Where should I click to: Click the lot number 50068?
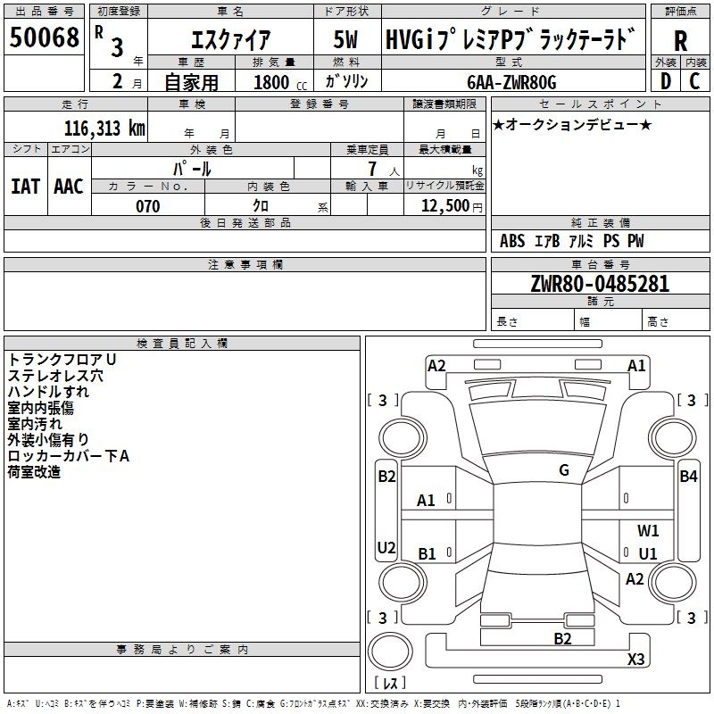[x=44, y=37]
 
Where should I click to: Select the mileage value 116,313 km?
[x=104, y=129]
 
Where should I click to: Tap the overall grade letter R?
[x=680, y=41]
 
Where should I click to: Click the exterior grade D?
[x=666, y=81]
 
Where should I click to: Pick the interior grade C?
[x=694, y=81]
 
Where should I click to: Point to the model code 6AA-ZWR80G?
[x=511, y=82]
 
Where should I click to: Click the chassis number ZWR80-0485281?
[x=600, y=283]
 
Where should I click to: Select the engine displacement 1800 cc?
[x=280, y=82]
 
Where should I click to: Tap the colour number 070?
[x=148, y=206]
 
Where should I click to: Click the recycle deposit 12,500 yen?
[x=452, y=206]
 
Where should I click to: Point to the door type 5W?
[x=345, y=39]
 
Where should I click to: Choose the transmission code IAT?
[x=25, y=187]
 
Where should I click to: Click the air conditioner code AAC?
[x=69, y=187]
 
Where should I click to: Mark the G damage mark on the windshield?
[x=564, y=470]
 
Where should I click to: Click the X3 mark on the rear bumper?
[x=635, y=659]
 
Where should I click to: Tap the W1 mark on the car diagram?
[x=648, y=530]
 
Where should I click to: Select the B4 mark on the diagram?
[x=688, y=477]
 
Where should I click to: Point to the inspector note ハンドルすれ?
[x=48, y=392]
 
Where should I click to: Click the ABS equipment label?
[x=512, y=241]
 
